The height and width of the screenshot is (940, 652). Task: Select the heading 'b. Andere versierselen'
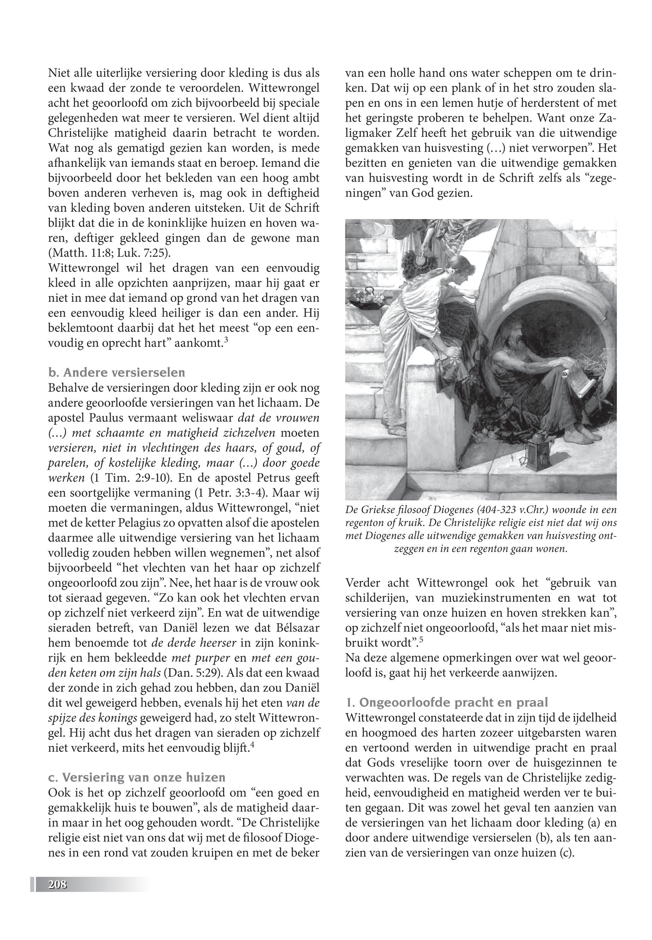pos(116,372)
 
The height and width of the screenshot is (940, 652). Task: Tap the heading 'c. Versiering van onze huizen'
pos(136,777)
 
